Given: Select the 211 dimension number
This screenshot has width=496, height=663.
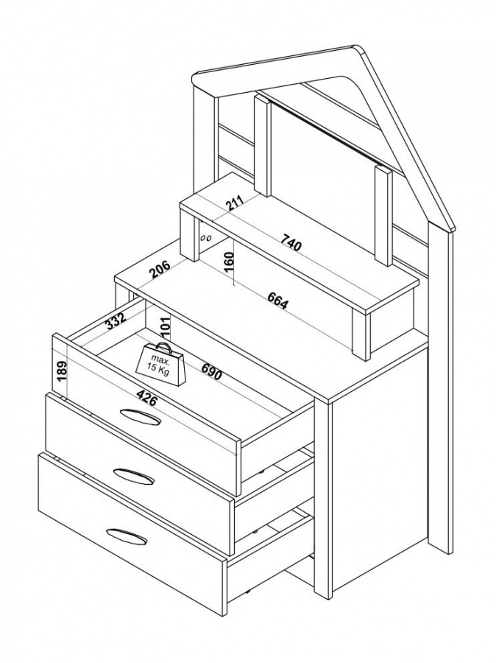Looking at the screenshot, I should pos(235,204).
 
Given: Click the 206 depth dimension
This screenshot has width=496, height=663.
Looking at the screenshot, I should pos(160,270).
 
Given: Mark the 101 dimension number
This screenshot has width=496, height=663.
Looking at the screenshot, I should pos(165,325).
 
